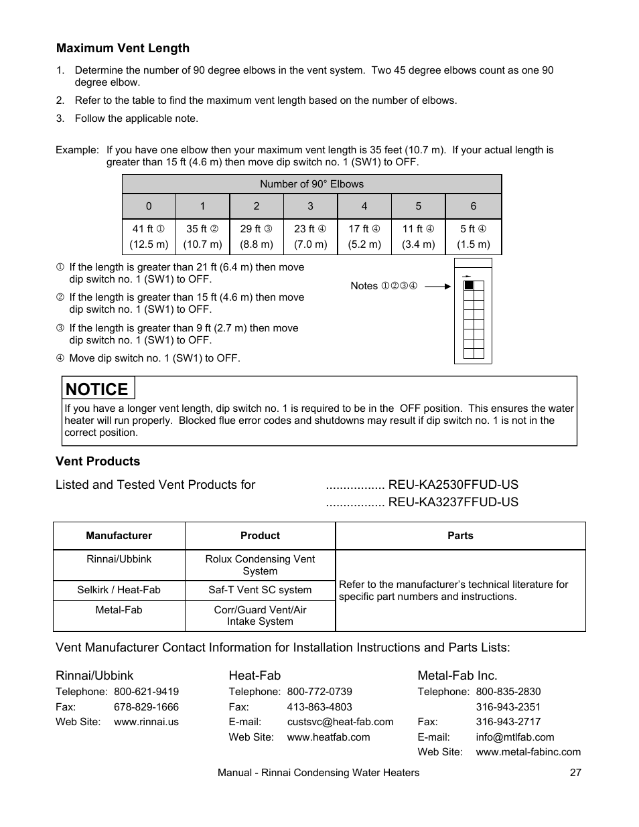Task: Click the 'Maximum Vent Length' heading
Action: tap(123, 48)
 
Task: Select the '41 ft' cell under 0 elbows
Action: tap(149, 236)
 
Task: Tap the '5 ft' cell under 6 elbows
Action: tap(473, 236)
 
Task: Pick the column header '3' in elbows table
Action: tap(310, 206)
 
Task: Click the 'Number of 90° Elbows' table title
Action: tap(311, 184)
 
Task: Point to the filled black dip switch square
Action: tap(469, 285)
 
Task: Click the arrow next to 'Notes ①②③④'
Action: tap(438, 286)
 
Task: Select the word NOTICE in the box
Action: tap(97, 389)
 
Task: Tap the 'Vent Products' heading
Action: tap(98, 461)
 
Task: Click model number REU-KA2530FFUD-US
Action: tap(453, 485)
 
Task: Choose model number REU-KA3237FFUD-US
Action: tap(453, 502)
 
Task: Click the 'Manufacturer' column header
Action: tap(119, 536)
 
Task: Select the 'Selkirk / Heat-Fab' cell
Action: tap(119, 590)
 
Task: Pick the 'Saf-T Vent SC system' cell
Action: tap(260, 590)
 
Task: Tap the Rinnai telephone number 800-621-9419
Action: tap(146, 692)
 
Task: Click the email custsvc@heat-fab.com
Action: tap(340, 722)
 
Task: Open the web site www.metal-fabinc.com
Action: tap(528, 752)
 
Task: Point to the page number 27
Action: tap(575, 773)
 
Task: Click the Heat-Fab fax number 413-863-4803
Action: tap(319, 707)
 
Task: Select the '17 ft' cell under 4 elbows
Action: tap(364, 236)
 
